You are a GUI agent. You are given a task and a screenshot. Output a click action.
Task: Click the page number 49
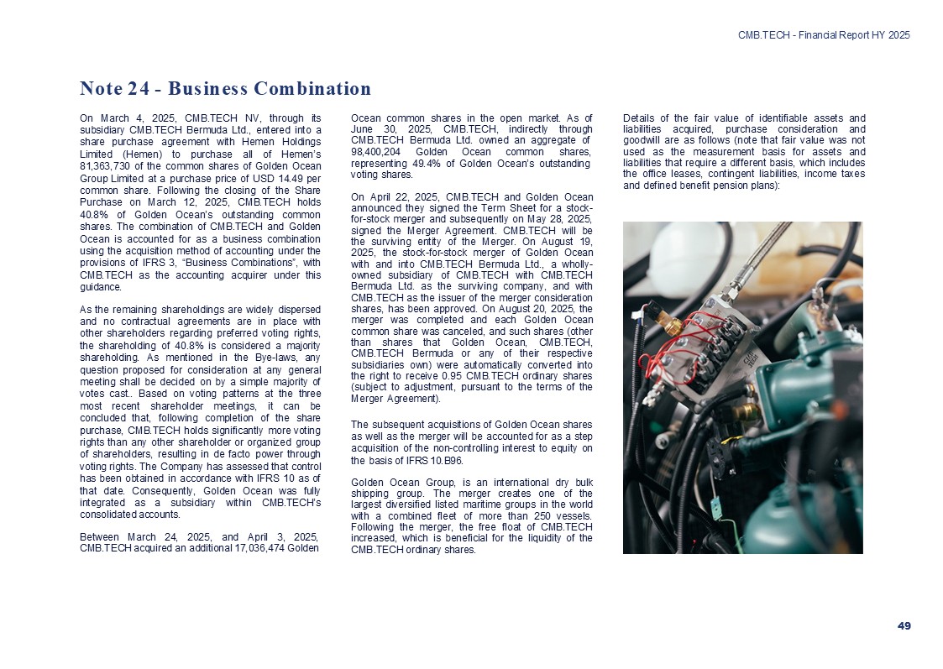tap(904, 625)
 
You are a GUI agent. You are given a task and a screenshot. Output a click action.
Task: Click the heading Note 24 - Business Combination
tap(225, 89)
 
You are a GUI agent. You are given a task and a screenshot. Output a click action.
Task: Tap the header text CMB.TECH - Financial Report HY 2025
tap(824, 34)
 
